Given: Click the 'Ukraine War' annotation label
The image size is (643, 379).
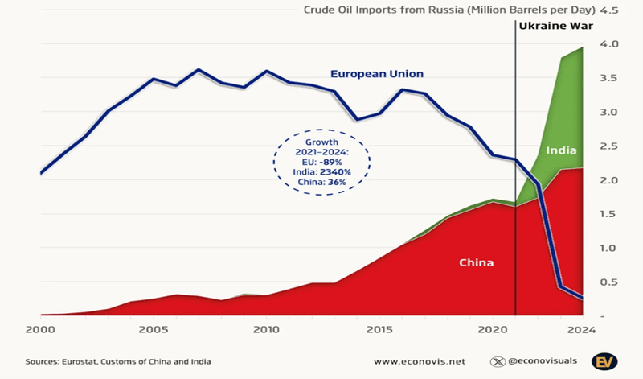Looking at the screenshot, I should coord(555,27).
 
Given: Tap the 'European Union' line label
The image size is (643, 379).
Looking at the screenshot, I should coord(376,74).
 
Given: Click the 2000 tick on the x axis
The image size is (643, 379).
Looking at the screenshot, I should coord(41,330).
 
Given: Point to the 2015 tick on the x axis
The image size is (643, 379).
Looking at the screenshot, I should coord(379,330).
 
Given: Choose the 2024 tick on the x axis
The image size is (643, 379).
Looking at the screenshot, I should coord(581,330).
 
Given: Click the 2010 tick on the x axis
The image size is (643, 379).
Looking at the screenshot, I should coord(266,330).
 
